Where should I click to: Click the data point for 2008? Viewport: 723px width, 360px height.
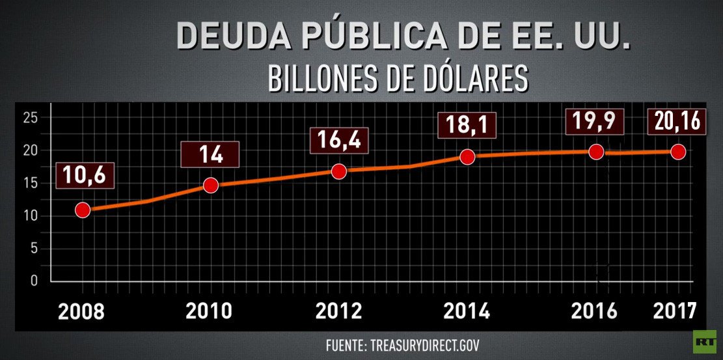coord(83,210)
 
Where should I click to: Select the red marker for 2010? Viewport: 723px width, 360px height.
coord(210,185)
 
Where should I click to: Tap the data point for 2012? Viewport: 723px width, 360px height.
coord(338,171)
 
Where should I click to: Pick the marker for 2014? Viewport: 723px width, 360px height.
coord(467,156)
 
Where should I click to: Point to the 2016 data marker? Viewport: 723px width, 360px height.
coord(595,152)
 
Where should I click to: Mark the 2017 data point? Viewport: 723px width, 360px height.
coord(678,152)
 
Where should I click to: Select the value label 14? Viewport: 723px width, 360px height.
coord(210,155)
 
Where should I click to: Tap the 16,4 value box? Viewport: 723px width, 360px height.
coord(338,140)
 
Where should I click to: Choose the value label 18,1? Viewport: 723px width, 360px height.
coord(467,124)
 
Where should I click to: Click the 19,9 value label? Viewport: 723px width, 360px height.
coord(595,122)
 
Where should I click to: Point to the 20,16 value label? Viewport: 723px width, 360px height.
coord(678,122)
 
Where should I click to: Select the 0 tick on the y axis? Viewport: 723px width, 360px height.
coord(34,281)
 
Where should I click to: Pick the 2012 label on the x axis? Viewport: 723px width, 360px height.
coord(338,311)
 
